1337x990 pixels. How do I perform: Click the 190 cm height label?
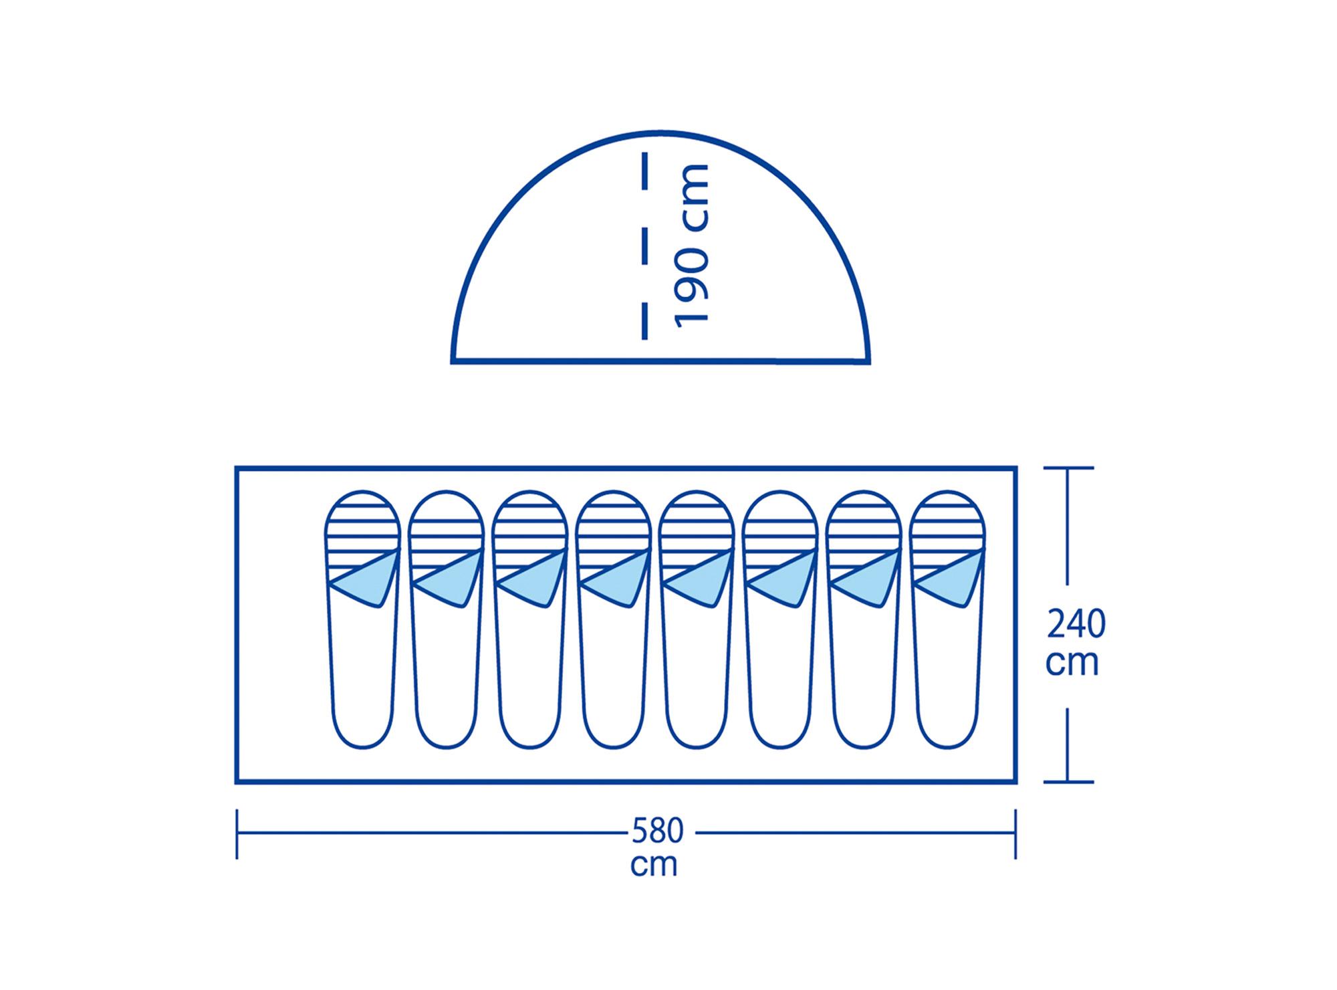point(691,245)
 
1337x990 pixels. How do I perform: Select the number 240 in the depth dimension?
point(1076,625)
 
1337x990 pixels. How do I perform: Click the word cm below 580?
point(654,864)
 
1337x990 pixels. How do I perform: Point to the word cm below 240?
point(1072,663)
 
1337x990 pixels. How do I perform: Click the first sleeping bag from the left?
point(362,619)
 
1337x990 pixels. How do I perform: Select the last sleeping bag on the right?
point(948,619)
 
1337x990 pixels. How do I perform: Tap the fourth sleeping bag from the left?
point(613,619)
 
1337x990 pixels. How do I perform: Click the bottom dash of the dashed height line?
point(644,321)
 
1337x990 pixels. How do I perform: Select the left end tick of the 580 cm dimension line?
point(237,833)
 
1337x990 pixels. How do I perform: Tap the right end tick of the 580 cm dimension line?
point(1015,833)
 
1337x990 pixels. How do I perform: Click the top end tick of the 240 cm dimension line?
point(1068,468)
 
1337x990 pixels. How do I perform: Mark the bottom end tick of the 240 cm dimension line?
point(1068,781)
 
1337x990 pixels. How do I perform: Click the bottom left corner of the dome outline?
point(453,362)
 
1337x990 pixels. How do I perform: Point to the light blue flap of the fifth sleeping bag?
point(701,579)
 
